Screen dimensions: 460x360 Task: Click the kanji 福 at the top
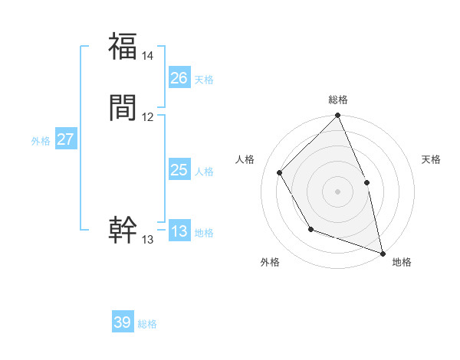click(123, 47)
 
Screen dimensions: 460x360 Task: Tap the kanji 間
click(123, 108)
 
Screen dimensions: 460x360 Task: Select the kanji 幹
click(123, 230)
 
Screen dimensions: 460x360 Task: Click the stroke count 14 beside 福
click(148, 56)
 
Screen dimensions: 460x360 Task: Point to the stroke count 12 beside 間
click(148, 117)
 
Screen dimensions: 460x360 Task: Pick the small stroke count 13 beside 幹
click(148, 240)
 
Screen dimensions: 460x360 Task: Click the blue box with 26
click(179, 78)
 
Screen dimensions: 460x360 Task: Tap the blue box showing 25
click(179, 170)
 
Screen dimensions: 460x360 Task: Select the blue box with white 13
click(179, 231)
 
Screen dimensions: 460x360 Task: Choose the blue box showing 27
click(66, 139)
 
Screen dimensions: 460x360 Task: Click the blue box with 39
click(123, 322)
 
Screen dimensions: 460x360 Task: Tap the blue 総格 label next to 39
click(147, 324)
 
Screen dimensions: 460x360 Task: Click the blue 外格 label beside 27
click(41, 141)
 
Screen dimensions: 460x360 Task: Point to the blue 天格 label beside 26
click(204, 80)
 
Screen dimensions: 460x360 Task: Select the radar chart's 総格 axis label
click(338, 100)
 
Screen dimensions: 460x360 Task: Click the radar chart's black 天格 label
click(431, 159)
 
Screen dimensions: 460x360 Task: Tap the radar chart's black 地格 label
click(402, 262)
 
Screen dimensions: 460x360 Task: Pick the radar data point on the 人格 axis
click(280, 172)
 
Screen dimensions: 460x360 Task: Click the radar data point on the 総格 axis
click(338, 116)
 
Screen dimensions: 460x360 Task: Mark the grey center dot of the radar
click(338, 191)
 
